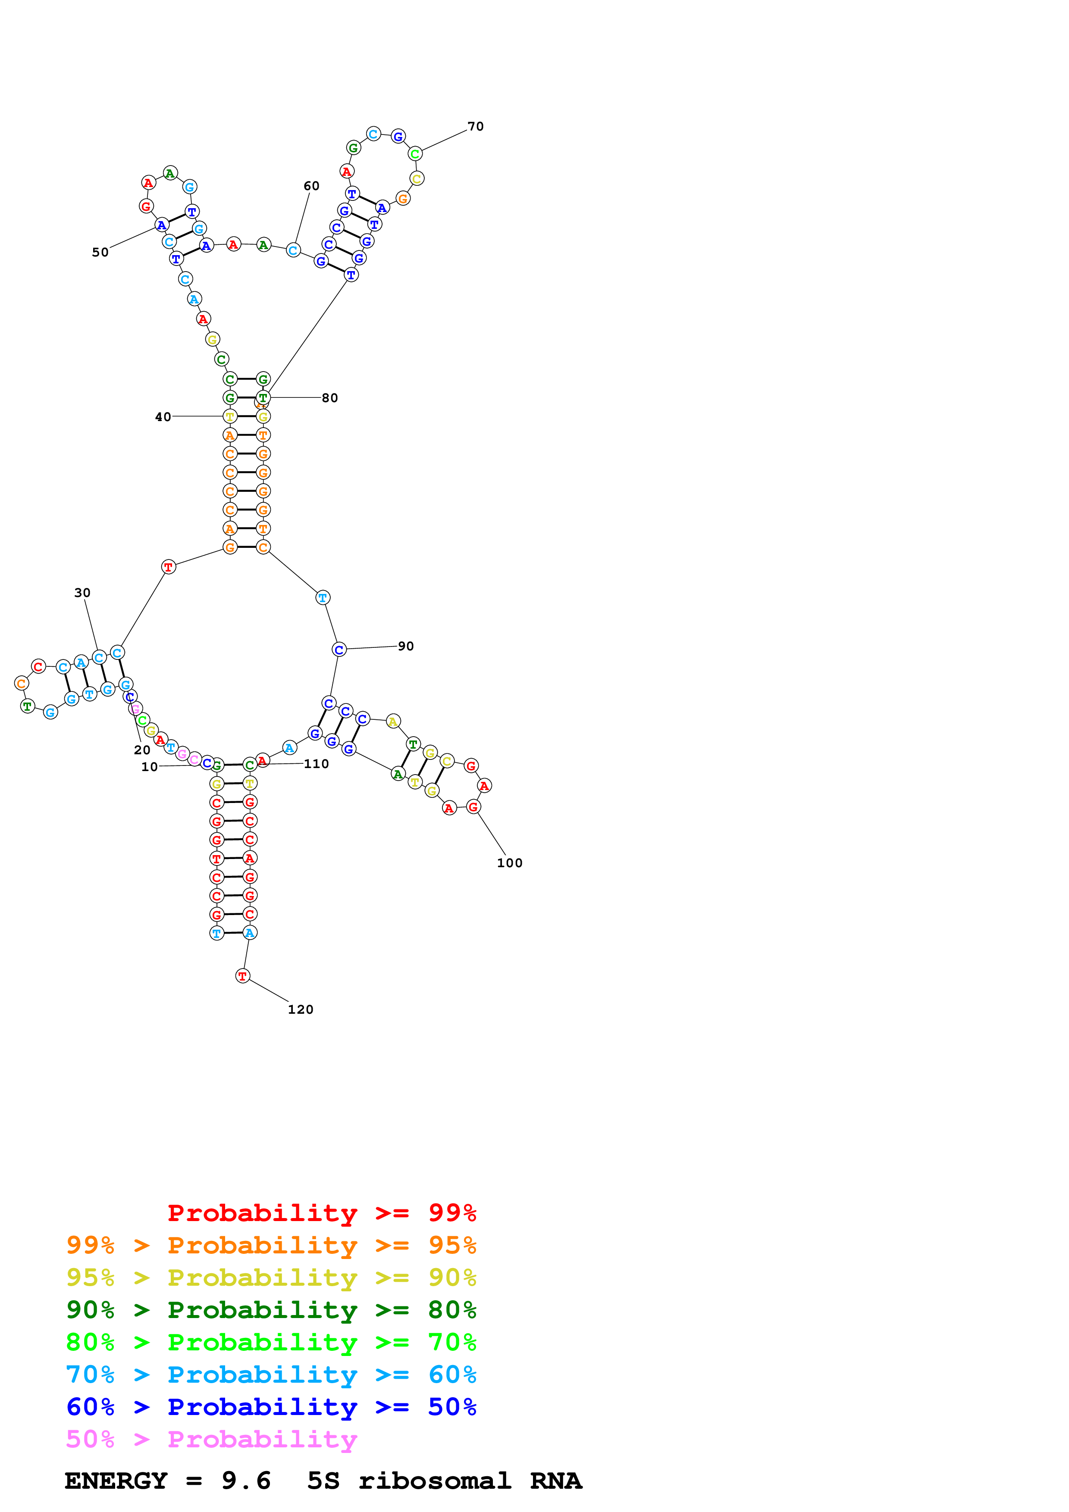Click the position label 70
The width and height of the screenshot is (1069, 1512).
476,126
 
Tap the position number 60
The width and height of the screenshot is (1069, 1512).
311,186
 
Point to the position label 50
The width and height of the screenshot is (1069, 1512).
100,253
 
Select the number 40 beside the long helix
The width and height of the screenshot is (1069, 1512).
163,417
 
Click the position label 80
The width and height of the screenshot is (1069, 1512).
330,398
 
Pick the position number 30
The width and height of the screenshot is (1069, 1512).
82,593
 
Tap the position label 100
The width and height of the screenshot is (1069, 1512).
509,863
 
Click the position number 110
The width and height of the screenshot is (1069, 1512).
316,764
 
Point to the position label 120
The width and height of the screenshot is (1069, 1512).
301,1009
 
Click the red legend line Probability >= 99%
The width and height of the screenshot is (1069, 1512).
321,1213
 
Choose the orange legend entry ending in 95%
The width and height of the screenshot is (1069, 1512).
271,1245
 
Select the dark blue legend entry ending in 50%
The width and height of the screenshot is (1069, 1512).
271,1407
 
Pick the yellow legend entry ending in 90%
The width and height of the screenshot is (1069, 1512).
271,1278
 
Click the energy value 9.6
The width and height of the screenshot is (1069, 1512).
246,1481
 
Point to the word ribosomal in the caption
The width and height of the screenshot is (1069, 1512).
435,1481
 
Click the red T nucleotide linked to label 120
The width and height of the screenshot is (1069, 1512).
242,976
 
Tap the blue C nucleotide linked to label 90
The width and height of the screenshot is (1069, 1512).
339,650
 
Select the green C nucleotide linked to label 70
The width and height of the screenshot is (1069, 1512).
415,154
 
